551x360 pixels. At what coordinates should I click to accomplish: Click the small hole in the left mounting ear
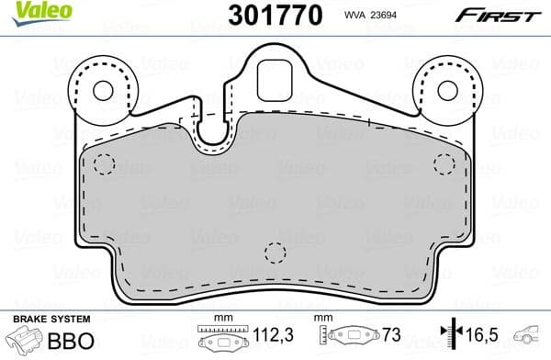(x=102, y=90)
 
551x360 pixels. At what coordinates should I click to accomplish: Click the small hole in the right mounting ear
(x=447, y=90)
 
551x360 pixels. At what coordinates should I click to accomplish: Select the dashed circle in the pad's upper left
(x=104, y=165)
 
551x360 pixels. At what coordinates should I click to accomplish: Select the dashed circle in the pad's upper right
(x=444, y=165)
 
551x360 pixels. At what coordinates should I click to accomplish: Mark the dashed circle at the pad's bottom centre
(x=275, y=253)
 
